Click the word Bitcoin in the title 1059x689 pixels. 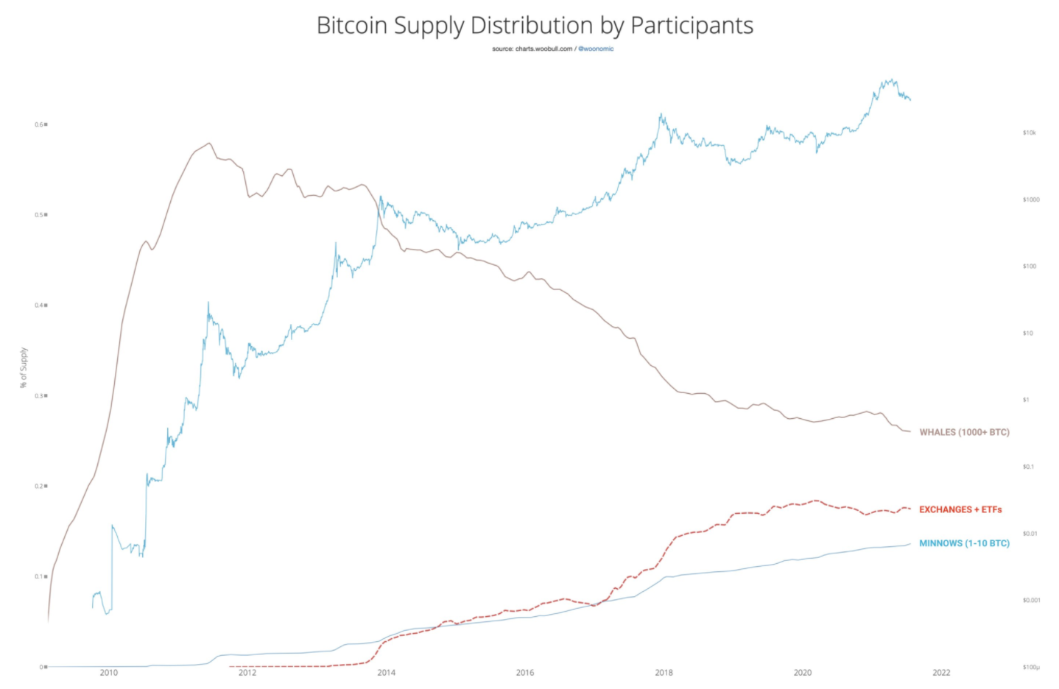tap(352, 26)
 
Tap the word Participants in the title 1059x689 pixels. tap(692, 26)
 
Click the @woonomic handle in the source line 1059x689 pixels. tap(596, 49)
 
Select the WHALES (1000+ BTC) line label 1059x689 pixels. tap(964, 432)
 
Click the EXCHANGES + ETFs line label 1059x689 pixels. tap(960, 509)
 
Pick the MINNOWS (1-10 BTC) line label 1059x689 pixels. tap(964, 543)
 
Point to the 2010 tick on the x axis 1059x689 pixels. tap(109, 672)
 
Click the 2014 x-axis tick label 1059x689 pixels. tap(386, 672)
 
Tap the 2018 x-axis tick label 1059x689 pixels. tap(664, 672)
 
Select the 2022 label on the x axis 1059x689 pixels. tap(941, 672)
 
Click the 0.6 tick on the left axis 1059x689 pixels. tap(40, 124)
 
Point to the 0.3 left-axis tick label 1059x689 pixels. tap(40, 396)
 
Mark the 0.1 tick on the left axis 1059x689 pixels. tap(40, 576)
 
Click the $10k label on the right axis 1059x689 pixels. tap(1029, 132)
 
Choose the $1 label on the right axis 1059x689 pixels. tap(1026, 400)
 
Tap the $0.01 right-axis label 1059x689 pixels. tap(1030, 533)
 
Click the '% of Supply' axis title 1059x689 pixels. tap(24, 367)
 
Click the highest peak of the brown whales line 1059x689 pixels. tap(209, 143)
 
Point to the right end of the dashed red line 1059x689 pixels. tap(910, 509)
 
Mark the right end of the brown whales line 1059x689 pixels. tap(910, 431)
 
